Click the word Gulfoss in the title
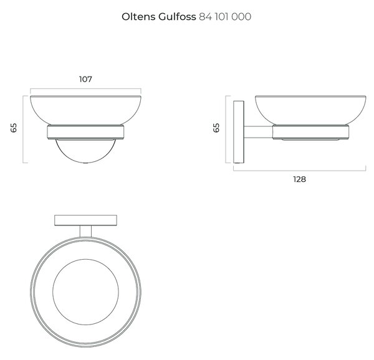point(177,17)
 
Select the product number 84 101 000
point(225,17)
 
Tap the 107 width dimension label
point(85,79)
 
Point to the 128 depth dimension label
point(300,179)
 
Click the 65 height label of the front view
point(14,128)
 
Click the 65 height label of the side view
point(216,128)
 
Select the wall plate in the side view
point(239,132)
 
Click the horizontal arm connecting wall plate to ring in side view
point(258,132)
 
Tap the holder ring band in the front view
point(85,132)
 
